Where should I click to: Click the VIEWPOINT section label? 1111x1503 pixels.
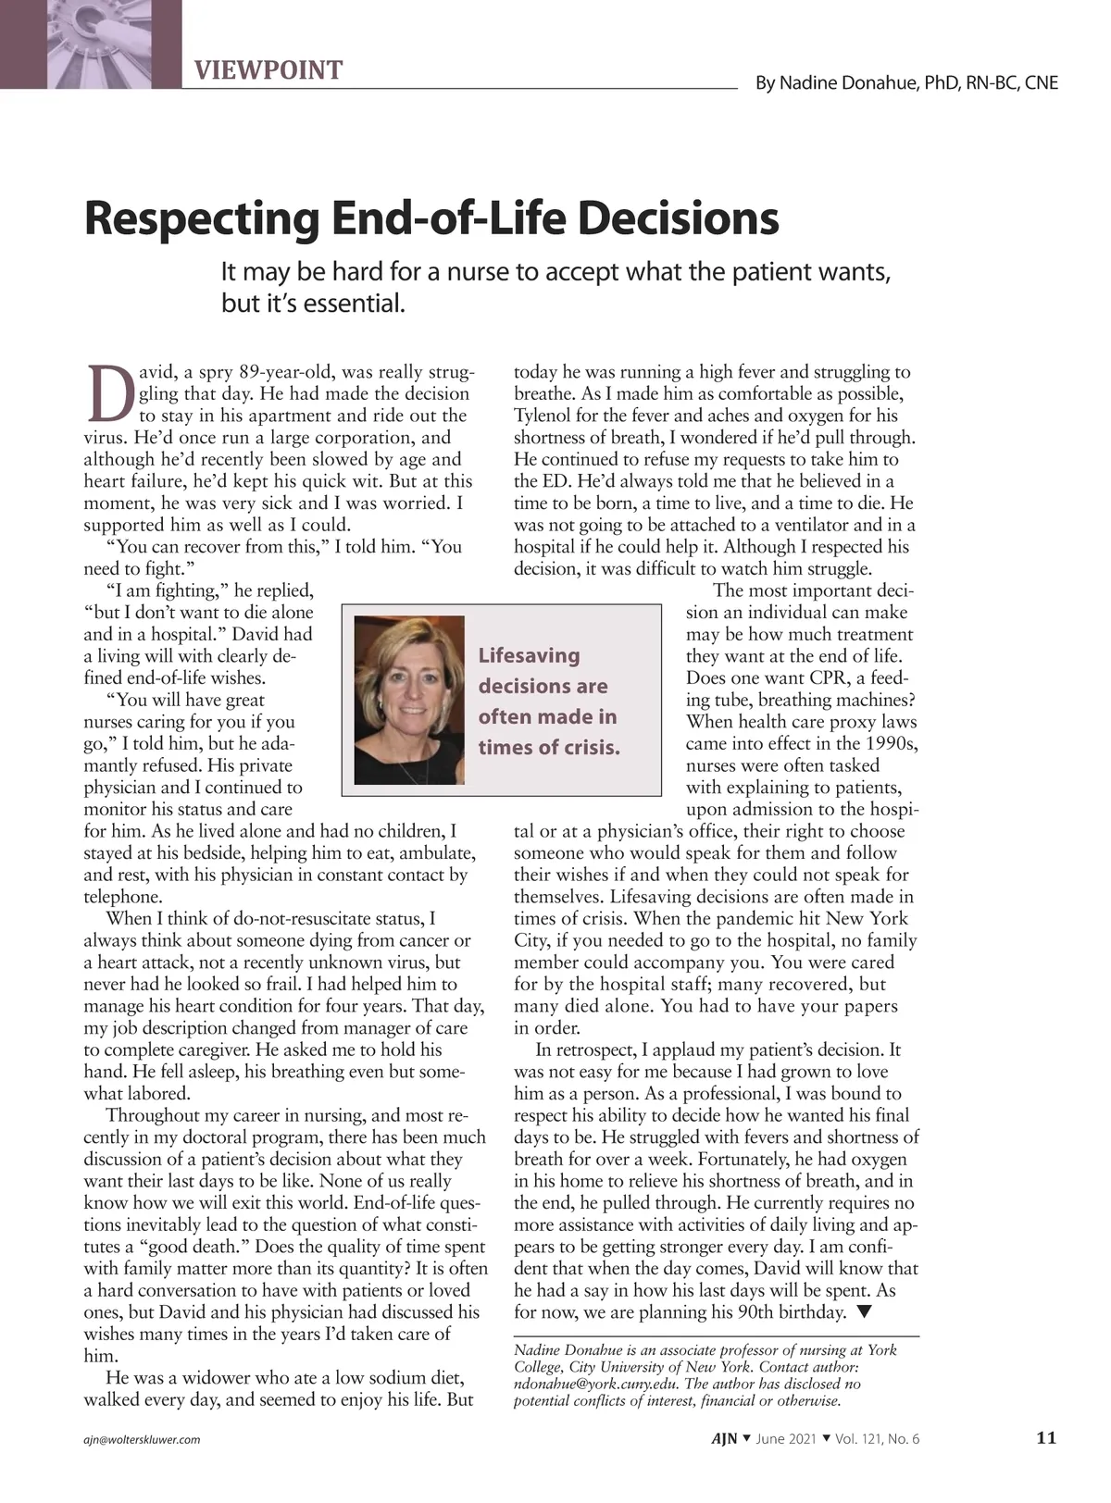[x=268, y=70]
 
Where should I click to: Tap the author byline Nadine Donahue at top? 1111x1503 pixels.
[x=906, y=83]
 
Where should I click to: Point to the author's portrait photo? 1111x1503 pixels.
[x=409, y=700]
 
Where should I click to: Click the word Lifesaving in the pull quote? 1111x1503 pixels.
[x=529, y=655]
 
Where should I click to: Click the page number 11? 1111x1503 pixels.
[x=1045, y=1438]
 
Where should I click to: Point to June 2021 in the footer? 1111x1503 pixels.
[x=787, y=1439]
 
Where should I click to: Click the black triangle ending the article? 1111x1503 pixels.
[x=864, y=1311]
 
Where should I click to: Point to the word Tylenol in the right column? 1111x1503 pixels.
[x=544, y=416]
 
